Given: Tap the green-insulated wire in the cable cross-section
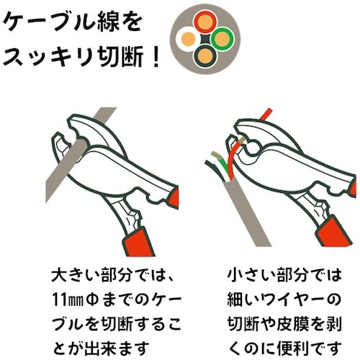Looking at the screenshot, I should coord(222,35).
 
